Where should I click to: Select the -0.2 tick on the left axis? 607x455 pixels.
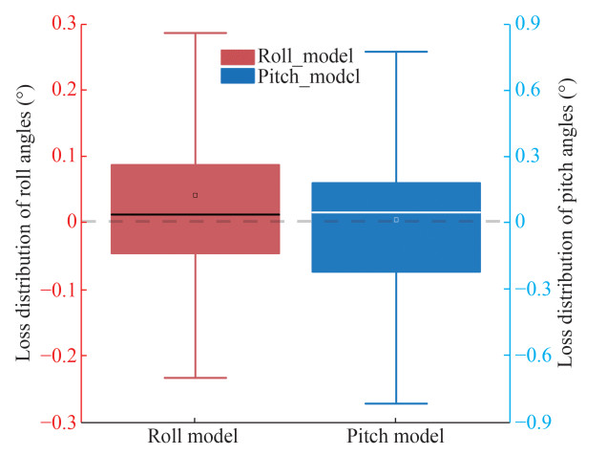[x=84, y=355]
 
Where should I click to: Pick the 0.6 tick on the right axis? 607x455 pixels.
[x=528, y=90]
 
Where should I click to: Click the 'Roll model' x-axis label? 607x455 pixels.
[x=193, y=437]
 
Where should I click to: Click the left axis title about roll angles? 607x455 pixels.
[x=22, y=222]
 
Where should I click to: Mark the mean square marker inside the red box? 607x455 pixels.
[x=195, y=195]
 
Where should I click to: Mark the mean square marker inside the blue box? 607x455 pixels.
[x=396, y=220]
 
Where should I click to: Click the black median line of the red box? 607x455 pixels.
[x=195, y=214]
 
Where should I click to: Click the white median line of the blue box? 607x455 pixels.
[x=396, y=211]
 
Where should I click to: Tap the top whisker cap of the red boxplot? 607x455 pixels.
[x=195, y=32]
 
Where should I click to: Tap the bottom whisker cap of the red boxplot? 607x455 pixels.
[x=195, y=378]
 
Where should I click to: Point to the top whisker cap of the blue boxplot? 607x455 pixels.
[x=396, y=52]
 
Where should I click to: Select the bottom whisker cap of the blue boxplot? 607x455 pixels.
[x=396, y=403]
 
